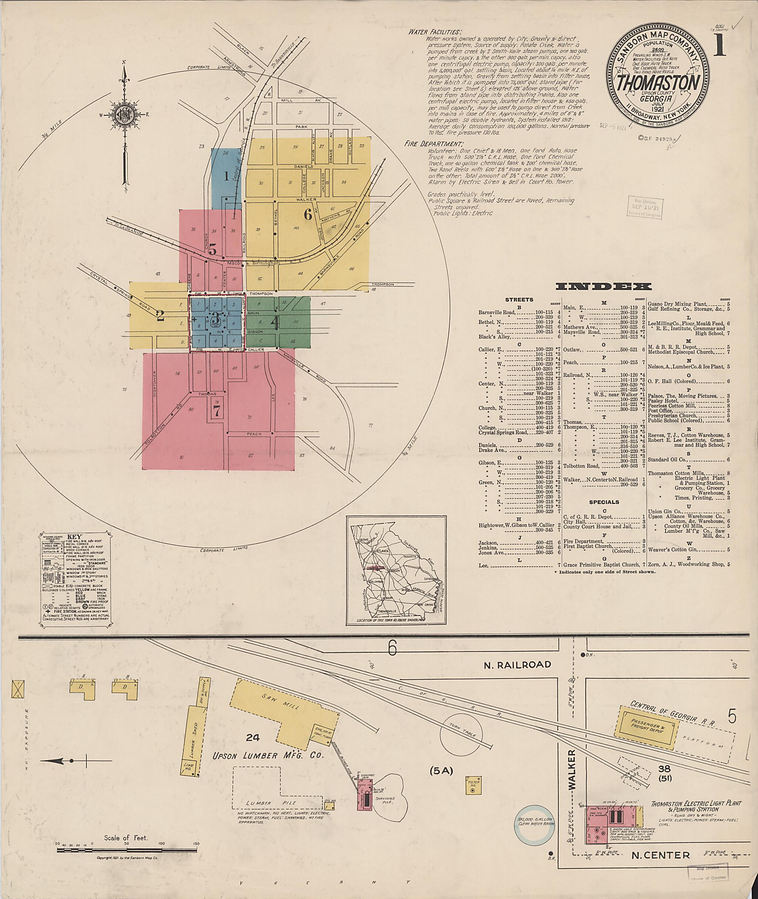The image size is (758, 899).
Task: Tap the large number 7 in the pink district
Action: coord(217,411)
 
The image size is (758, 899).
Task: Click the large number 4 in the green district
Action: coord(275,322)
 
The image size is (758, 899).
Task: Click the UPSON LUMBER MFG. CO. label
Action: coord(268,756)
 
